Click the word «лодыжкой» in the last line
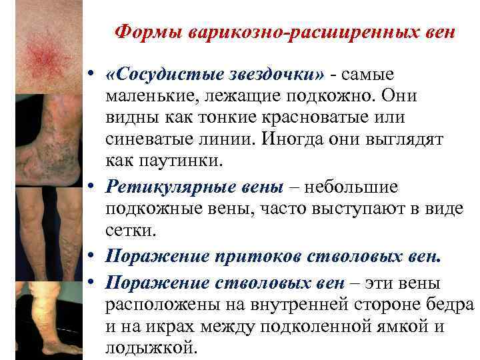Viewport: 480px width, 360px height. point(151,348)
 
